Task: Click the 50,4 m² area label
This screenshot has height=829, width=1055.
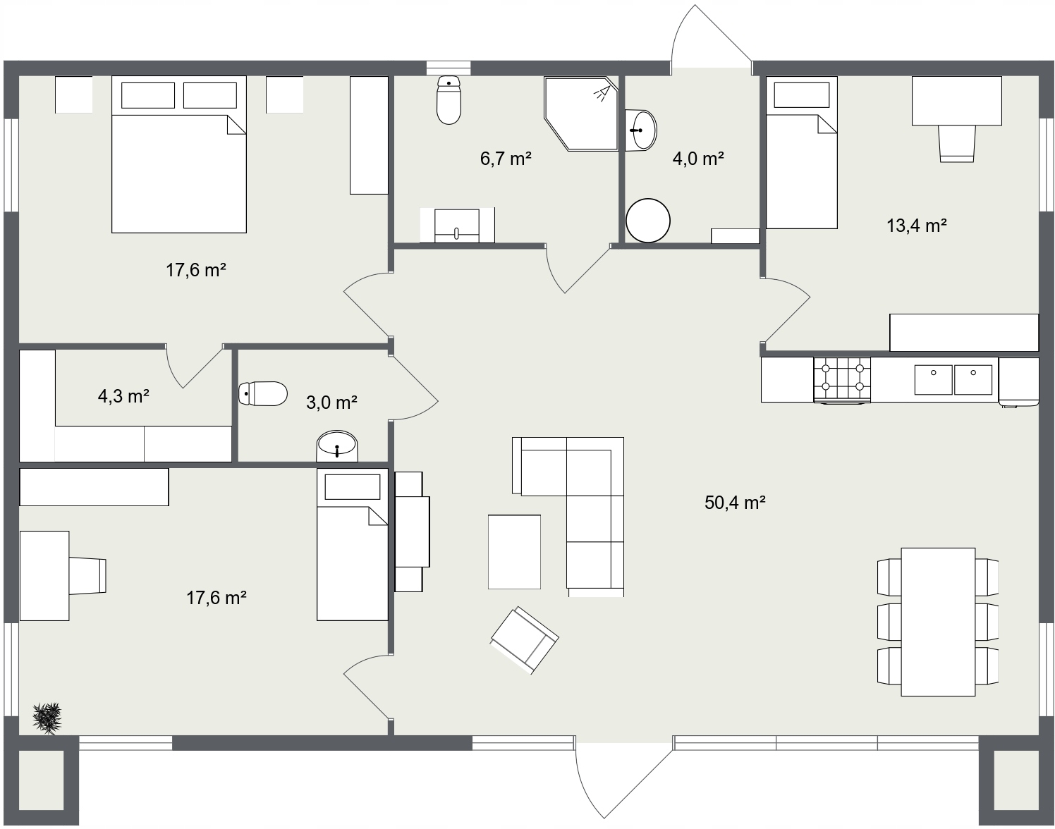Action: (x=735, y=503)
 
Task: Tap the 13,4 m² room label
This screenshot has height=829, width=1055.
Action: (x=916, y=226)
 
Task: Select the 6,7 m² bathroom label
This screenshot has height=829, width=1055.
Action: (x=506, y=159)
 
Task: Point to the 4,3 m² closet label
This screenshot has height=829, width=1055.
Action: (x=123, y=395)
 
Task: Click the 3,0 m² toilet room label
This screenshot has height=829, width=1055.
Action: (x=331, y=403)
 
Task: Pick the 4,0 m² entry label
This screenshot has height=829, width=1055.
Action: (x=698, y=159)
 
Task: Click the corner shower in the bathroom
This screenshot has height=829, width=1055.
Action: (x=581, y=113)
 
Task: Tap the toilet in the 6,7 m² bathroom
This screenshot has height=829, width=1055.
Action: (x=449, y=100)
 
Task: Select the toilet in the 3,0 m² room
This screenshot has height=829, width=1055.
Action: (x=263, y=393)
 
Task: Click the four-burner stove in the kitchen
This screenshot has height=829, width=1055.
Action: (x=842, y=381)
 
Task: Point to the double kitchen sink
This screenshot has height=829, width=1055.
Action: (x=953, y=379)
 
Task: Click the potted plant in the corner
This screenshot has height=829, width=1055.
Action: (x=47, y=718)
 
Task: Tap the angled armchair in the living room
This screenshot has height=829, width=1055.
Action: (x=525, y=640)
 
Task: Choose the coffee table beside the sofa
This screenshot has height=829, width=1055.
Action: (x=514, y=551)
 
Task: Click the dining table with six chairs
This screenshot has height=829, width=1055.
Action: (x=938, y=622)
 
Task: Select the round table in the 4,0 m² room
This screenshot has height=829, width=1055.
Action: (x=647, y=221)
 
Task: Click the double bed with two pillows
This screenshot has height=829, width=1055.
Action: (x=179, y=154)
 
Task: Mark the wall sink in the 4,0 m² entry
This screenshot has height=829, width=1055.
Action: (x=641, y=130)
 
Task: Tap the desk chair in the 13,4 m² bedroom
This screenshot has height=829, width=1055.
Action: (x=956, y=143)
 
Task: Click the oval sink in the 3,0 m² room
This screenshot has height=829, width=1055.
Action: (x=337, y=446)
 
